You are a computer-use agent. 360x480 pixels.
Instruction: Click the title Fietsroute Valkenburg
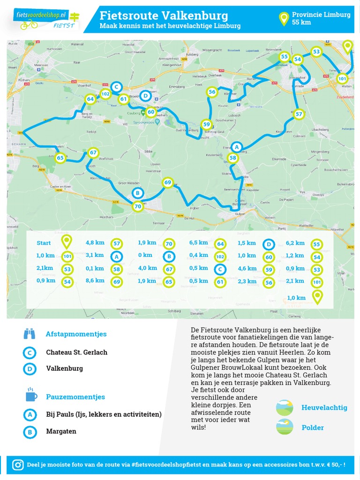164,16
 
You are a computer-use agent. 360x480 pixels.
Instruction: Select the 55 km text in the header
301,22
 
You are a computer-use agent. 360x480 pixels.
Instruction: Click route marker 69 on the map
167,182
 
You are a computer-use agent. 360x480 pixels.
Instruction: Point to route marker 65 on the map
60,158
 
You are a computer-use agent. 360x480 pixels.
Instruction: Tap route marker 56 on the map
212,92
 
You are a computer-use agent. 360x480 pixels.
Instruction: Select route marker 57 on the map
299,113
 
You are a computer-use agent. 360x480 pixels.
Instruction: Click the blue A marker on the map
237,147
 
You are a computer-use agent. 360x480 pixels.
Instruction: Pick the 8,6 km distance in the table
95,280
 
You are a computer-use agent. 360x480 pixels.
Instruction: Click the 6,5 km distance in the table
198,243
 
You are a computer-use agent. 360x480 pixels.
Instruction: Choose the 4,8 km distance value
95,243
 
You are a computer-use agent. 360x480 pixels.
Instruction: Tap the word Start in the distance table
44,243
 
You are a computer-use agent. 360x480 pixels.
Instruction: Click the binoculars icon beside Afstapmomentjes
30,334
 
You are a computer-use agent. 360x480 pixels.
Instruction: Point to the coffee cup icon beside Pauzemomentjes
30,396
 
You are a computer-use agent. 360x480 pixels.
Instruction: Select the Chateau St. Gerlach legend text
76,352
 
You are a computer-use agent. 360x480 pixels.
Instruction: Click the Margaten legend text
61,431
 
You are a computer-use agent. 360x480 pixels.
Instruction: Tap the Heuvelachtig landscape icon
285,407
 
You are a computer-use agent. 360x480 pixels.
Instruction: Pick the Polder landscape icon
285,427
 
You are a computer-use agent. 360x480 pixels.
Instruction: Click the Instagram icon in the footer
18,465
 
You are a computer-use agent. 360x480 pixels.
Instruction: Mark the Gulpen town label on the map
240,214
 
